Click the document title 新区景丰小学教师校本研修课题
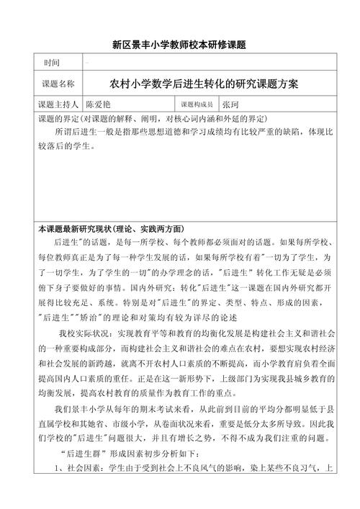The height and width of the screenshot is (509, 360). coord(179,45)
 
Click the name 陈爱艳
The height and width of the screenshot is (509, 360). coord(101,104)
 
